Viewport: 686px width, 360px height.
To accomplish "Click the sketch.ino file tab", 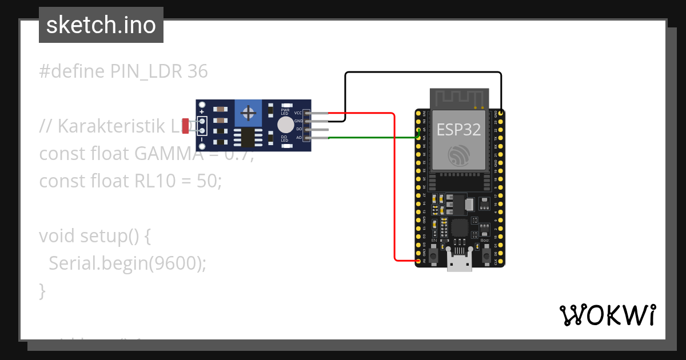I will point(101,25).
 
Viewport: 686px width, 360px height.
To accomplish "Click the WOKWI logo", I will point(607,315).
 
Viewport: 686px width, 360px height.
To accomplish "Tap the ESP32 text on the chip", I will point(458,129).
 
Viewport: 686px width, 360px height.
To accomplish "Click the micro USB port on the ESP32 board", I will point(459,263).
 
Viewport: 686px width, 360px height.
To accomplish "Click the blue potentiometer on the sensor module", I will point(248,113).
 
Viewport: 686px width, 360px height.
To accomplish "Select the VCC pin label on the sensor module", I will point(298,113).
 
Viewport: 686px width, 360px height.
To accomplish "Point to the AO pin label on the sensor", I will point(298,138).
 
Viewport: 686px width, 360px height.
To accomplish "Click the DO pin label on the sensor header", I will point(298,130).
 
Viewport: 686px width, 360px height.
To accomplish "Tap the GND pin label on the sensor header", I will point(298,121).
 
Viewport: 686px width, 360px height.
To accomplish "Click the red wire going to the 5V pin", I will point(394,189).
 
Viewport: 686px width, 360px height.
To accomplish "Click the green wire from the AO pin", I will point(372,137).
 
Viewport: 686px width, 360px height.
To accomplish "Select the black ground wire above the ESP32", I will point(423,73).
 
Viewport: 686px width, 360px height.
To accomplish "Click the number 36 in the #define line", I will point(197,71).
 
